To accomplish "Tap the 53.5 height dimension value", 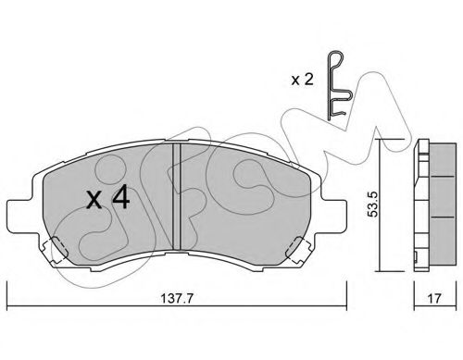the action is click(x=372, y=205).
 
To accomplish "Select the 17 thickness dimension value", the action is click(x=434, y=298).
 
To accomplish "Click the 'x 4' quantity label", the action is click(x=107, y=198).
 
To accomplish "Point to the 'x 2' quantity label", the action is click(x=303, y=81).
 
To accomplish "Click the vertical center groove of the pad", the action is click(x=176, y=196).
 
